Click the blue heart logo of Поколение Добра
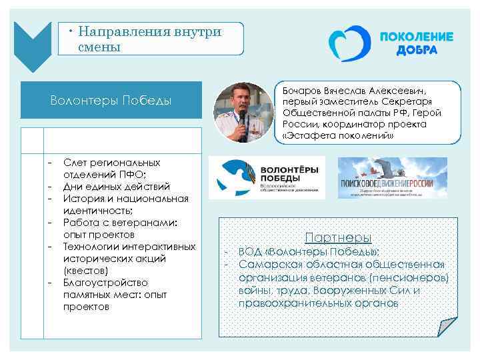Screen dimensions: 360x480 (x=347, y=45)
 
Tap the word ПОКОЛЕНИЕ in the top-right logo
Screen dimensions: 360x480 (x=416, y=37)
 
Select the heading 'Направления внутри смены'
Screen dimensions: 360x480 (x=149, y=39)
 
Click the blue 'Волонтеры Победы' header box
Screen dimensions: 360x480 (x=111, y=100)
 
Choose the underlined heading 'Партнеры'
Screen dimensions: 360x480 (x=338, y=237)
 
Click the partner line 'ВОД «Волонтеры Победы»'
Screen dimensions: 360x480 (x=309, y=251)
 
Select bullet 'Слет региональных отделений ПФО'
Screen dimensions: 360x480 (x=111, y=169)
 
